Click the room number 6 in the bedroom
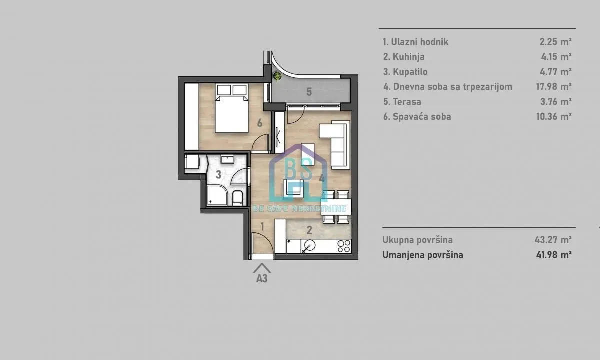(259, 123)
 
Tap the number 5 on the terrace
(309, 92)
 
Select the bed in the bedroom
(231, 108)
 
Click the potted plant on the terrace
(277, 76)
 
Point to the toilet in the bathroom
(238, 198)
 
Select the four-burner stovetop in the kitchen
(344, 246)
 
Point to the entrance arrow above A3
(262, 268)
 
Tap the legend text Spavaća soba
(417, 117)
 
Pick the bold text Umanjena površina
(423, 255)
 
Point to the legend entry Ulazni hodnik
(415, 42)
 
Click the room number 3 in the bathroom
(218, 175)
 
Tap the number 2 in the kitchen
(309, 230)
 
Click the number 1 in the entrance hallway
(262, 226)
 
